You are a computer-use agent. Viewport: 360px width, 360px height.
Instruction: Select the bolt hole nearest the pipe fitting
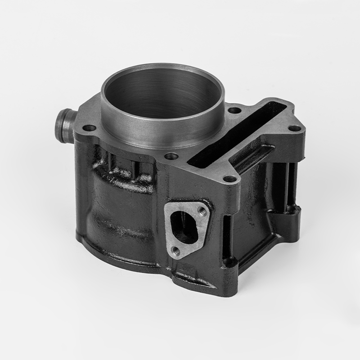(x=90, y=128)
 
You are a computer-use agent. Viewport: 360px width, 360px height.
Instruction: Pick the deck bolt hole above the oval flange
(x=230, y=179)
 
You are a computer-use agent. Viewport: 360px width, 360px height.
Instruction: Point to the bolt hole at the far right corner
(x=293, y=128)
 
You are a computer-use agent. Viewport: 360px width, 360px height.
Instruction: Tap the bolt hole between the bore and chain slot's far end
(x=234, y=110)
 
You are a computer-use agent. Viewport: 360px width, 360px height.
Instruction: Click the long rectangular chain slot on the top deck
(x=234, y=135)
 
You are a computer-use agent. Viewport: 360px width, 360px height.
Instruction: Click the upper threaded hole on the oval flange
(x=202, y=210)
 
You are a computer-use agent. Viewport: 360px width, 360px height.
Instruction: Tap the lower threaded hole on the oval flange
(x=176, y=250)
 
